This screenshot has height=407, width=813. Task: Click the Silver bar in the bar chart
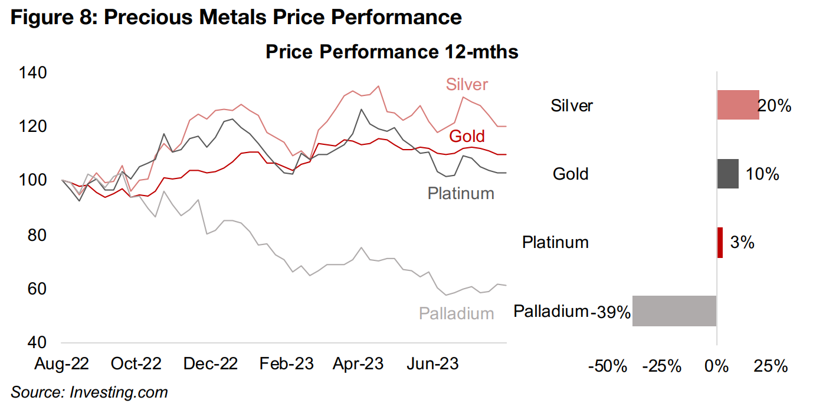(x=737, y=105)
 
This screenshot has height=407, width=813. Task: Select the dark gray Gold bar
(x=727, y=174)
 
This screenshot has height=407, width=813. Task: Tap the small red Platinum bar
(x=720, y=242)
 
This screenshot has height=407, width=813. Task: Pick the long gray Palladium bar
(x=674, y=310)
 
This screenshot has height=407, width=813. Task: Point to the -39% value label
(x=611, y=312)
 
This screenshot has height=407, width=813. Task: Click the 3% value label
(x=742, y=242)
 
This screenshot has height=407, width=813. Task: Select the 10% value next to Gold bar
(x=762, y=174)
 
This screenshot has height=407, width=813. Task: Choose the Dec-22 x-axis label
(x=211, y=364)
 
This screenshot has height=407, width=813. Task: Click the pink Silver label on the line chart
(x=467, y=85)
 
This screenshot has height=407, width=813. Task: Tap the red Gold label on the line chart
(x=467, y=136)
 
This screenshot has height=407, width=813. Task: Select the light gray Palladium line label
(x=456, y=313)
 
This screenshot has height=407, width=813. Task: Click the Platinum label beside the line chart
(x=460, y=193)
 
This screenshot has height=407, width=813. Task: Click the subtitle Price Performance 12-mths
(x=392, y=52)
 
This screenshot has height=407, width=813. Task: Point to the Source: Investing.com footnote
(x=89, y=392)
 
